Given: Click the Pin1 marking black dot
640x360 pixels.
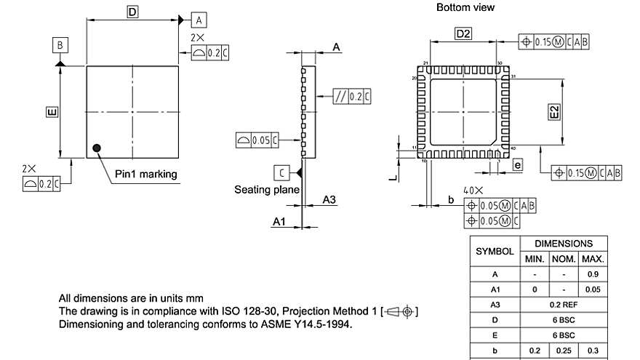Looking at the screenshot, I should (x=96, y=148).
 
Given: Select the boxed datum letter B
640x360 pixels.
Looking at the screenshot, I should (x=60, y=45).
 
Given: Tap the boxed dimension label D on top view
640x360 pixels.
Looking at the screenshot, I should (x=132, y=12).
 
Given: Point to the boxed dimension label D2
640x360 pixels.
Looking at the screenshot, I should (x=463, y=33).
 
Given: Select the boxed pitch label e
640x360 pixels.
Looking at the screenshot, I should (x=517, y=165).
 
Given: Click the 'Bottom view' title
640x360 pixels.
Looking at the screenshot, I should (x=465, y=7).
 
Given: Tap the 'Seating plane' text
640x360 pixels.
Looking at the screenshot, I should (x=267, y=190).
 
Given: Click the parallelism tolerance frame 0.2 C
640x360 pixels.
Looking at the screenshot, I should (x=352, y=96).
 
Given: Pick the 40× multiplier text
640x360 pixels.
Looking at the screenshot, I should (x=474, y=190).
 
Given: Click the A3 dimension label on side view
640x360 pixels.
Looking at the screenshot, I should (x=329, y=199).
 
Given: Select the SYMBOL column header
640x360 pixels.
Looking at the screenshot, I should (x=495, y=251).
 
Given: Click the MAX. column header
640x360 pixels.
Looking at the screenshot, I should (x=592, y=259).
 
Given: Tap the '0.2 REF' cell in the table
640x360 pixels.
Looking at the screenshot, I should (x=564, y=304).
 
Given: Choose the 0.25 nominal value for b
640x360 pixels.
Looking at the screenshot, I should (x=564, y=350).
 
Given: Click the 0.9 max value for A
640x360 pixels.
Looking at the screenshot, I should (x=592, y=274).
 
